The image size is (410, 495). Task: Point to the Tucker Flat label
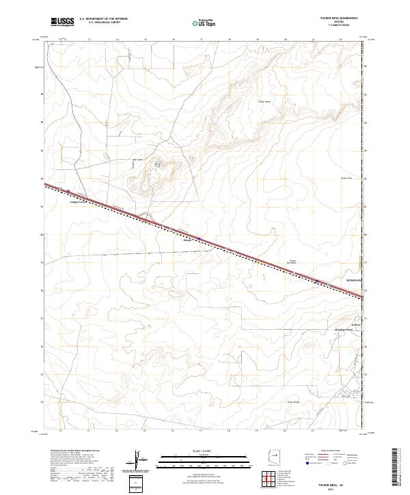pyautogui.click(x=345, y=178)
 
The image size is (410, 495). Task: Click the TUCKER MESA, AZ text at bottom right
pyautogui.click(x=336, y=486)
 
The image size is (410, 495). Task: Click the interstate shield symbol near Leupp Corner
pyautogui.click(x=68, y=191)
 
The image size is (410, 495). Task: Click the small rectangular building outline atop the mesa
pyautogui.click(x=159, y=165)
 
